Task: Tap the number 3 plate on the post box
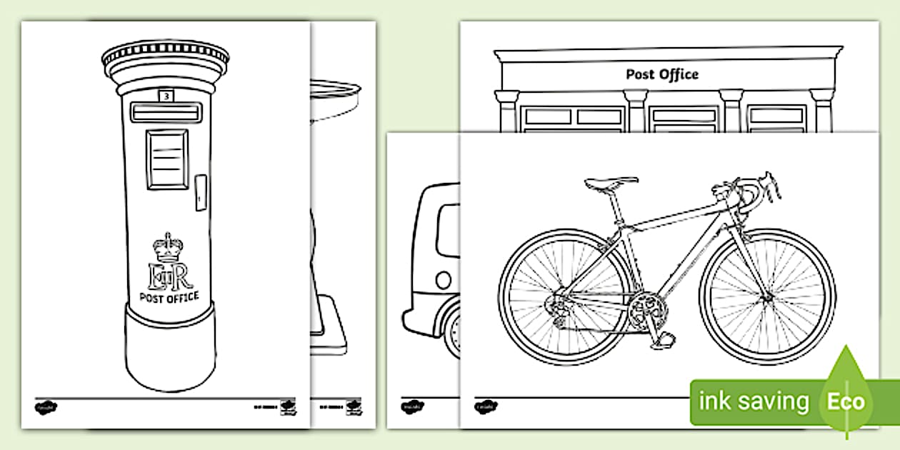click(166, 95)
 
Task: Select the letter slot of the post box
click(166, 112)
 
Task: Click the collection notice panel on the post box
click(166, 159)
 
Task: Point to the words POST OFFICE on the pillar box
click(169, 298)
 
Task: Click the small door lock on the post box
click(201, 192)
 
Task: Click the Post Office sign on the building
click(662, 74)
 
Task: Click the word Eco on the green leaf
click(846, 401)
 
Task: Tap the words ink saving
click(754, 401)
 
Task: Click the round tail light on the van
click(444, 279)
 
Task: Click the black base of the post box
click(169, 350)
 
